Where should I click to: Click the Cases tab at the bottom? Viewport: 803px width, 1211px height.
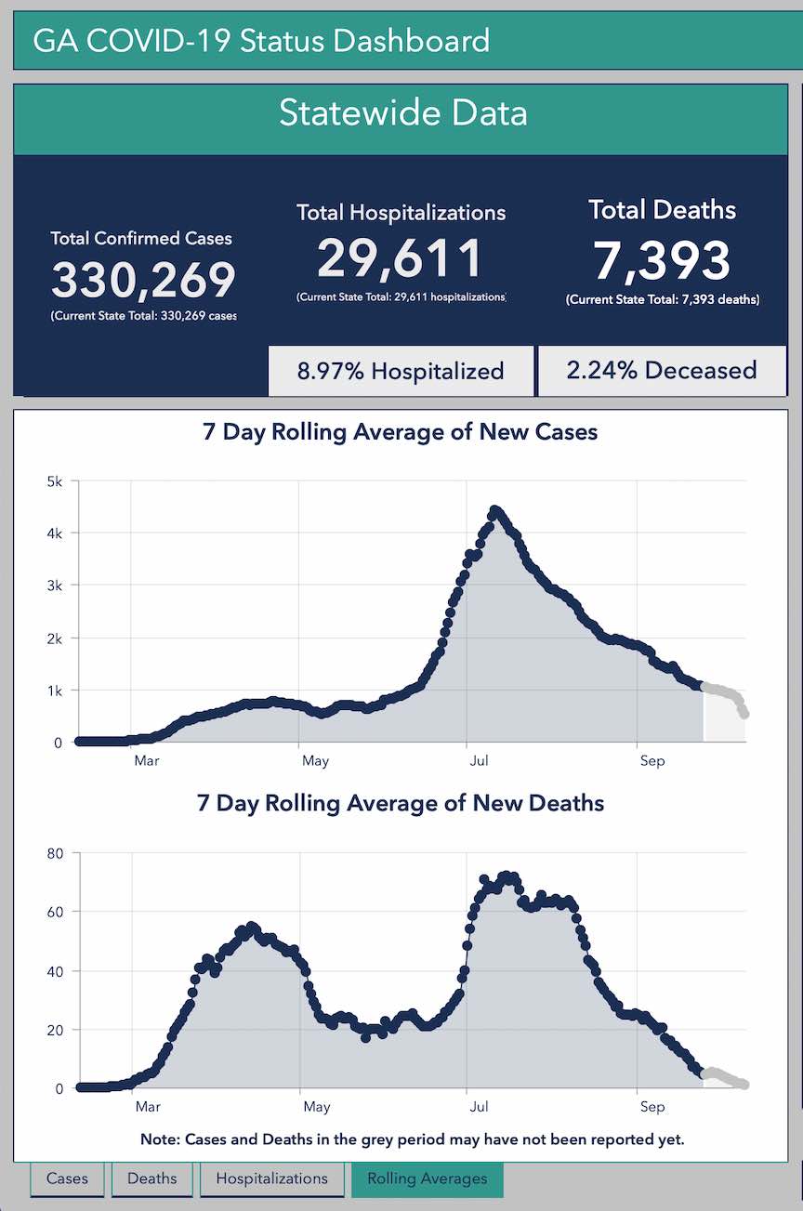coord(67,1178)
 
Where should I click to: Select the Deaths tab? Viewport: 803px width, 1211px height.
coord(151,1178)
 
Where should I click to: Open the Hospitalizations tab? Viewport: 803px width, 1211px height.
coord(271,1178)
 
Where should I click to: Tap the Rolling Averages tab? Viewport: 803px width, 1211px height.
coord(427,1178)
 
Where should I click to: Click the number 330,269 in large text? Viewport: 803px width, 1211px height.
coord(143,281)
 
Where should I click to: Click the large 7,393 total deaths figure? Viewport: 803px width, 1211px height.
coord(662,260)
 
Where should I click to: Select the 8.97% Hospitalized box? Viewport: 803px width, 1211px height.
coord(401,371)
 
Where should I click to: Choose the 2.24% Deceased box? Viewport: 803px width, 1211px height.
coord(661,370)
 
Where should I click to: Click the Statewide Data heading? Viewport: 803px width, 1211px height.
coord(402,113)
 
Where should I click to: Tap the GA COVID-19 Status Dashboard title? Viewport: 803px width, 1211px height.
coord(261,41)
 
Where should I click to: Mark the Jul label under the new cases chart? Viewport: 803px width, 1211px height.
coord(479,761)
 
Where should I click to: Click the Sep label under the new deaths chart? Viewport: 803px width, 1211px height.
coord(652,1107)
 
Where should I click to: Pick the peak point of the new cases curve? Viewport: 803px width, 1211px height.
coord(495,509)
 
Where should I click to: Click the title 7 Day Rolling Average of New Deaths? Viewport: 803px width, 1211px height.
coord(401,803)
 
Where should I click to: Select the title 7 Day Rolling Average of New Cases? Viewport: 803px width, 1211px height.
coord(401,432)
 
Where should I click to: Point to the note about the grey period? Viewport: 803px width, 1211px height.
coord(412,1139)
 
